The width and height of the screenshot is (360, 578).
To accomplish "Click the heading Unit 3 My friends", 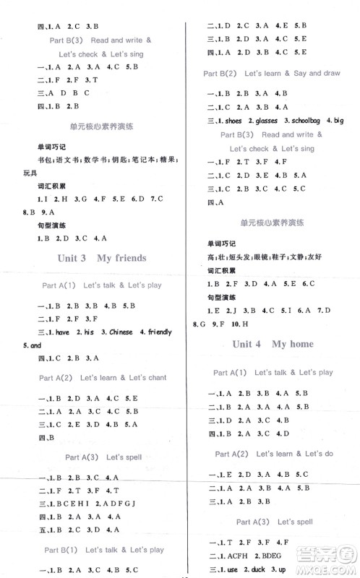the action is (100, 258).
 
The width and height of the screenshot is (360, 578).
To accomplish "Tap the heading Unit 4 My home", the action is (273, 344).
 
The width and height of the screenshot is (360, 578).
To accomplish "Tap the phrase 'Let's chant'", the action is (142, 377).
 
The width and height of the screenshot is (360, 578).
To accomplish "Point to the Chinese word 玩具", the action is (14, 172).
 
